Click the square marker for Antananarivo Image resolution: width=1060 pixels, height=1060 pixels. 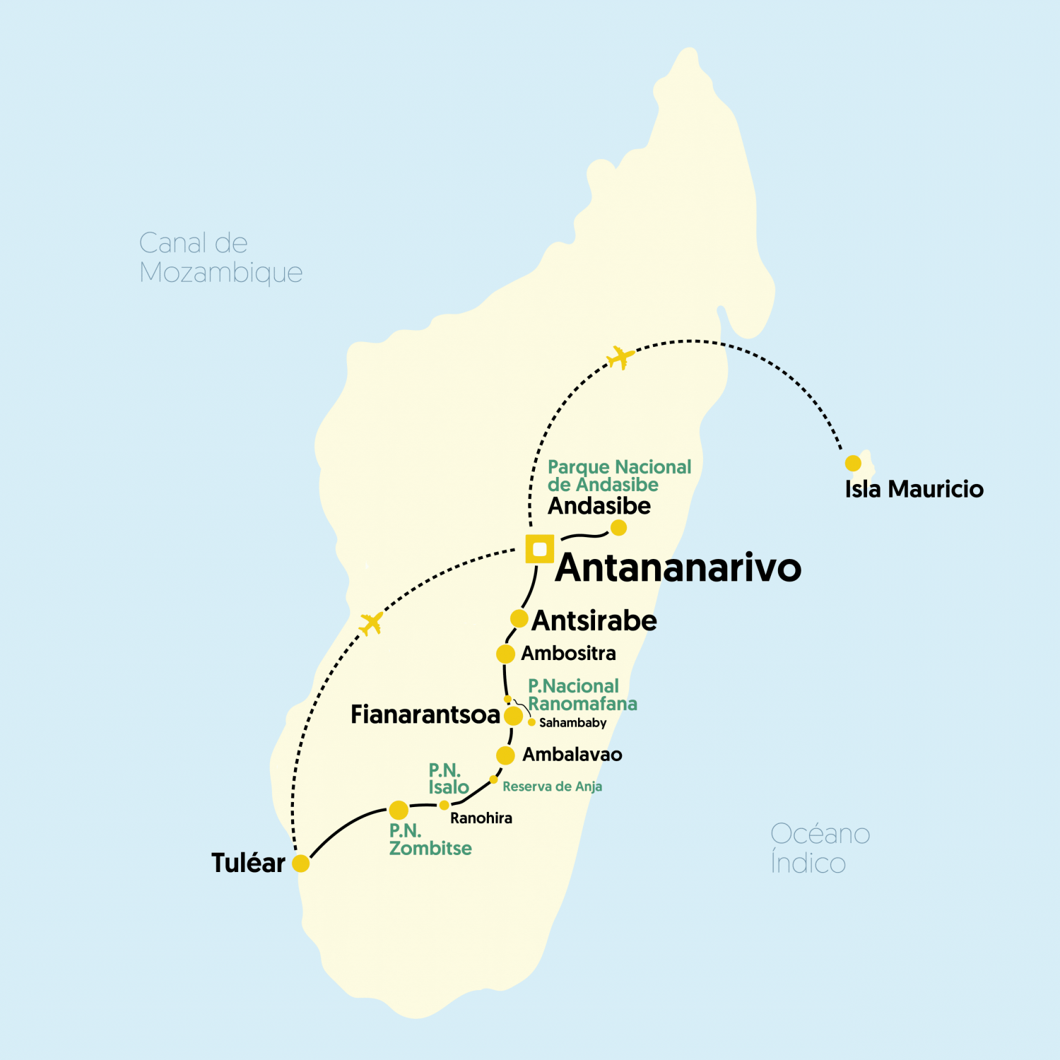[x=540, y=549]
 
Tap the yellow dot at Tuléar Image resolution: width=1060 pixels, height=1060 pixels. [x=301, y=863]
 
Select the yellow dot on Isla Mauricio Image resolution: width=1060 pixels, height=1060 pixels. [x=853, y=464]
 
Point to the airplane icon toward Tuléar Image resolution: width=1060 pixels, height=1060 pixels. [x=371, y=623]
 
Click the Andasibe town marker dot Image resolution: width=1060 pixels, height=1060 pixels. [x=618, y=527]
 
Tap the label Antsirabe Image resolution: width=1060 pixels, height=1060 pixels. [x=594, y=620]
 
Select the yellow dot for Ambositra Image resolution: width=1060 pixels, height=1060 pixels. [x=505, y=654]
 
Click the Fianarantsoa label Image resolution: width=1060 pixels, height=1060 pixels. [x=425, y=714]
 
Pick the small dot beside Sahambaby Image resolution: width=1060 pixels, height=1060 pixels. [x=531, y=722]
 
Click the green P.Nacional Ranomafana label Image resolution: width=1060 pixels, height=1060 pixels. [x=582, y=695]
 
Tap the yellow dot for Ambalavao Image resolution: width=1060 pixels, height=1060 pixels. [x=505, y=755]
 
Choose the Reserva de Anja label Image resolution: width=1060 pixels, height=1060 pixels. [x=552, y=787]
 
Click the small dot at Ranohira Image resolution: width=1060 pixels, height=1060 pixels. [x=444, y=805]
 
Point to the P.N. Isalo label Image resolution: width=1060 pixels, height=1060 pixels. [x=448, y=779]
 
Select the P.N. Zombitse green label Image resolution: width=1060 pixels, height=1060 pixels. [x=430, y=840]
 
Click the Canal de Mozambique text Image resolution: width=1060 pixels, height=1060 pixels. [x=220, y=258]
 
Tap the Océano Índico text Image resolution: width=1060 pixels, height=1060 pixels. [x=820, y=848]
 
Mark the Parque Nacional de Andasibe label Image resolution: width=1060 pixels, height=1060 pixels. [x=619, y=476]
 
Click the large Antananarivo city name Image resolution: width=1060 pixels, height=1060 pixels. [x=678, y=568]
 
